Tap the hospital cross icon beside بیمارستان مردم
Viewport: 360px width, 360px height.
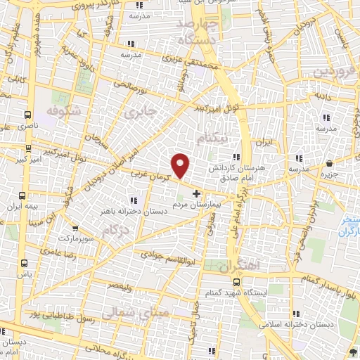click(196, 193)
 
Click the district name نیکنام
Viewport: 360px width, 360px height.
click(231, 139)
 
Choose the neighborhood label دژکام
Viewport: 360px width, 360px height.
click(115, 230)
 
